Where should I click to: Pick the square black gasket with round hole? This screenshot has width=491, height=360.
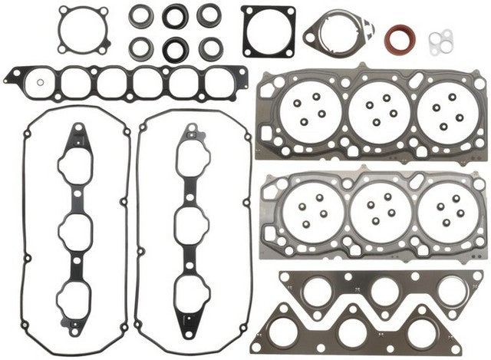(x=269, y=31)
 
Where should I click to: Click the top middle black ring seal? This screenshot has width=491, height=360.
(x=175, y=15)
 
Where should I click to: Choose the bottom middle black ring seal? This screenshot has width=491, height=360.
(x=175, y=48)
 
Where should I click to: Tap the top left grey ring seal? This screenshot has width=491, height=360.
(x=141, y=15)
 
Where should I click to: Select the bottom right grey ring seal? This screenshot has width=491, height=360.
(x=209, y=48)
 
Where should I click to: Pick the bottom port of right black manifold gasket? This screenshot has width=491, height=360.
(x=189, y=289)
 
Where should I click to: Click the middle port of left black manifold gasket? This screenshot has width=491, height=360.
(x=77, y=227)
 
